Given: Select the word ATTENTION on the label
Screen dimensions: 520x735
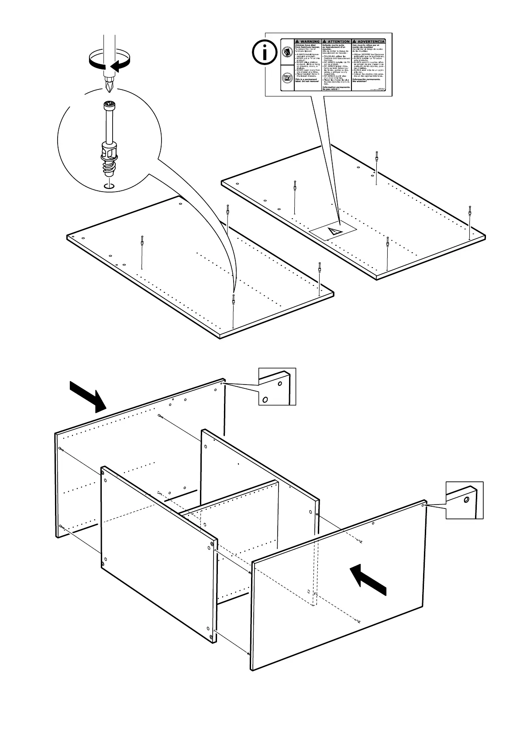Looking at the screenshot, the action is click(x=338, y=41).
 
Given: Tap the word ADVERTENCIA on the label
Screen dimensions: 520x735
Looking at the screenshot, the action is click(x=369, y=41).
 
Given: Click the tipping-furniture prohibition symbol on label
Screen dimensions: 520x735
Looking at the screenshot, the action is click(x=287, y=53).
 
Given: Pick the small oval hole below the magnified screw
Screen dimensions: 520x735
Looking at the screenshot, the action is click(x=109, y=186).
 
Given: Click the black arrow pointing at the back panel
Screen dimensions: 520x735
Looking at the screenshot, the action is click(x=88, y=395).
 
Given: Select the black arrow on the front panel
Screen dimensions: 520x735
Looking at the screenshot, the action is click(x=369, y=578).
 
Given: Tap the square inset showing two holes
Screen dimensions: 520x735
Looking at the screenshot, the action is click(x=277, y=386).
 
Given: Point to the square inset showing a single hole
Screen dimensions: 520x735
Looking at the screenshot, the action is click(x=464, y=500).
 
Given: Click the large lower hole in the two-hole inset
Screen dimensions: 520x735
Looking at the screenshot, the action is click(x=265, y=399).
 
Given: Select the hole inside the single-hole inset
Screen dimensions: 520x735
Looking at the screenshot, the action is click(x=467, y=500).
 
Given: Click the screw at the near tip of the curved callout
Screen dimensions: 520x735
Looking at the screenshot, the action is click(x=234, y=299).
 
